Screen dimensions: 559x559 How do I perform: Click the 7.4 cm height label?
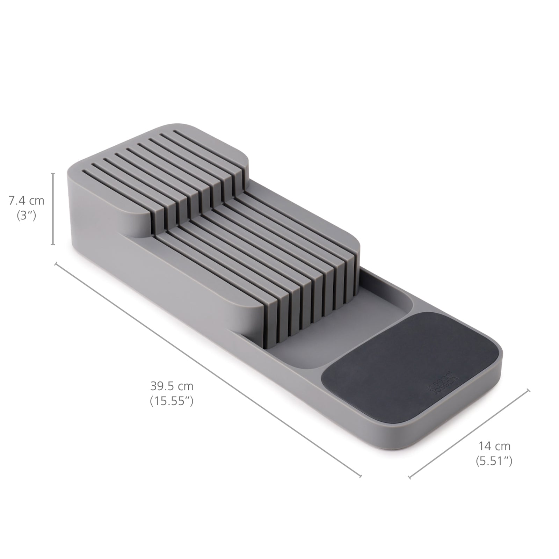point(27,201)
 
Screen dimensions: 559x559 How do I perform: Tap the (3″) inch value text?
point(27,216)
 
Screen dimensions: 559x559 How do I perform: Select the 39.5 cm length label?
point(172,386)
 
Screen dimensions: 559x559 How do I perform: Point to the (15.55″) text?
point(172,401)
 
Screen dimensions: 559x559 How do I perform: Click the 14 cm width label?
point(494,446)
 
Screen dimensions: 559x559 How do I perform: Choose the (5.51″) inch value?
point(494,462)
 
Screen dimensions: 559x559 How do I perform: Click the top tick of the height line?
point(53,173)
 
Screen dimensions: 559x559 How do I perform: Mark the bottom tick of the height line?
point(53,245)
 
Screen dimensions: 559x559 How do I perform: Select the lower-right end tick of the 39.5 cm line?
point(361,475)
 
